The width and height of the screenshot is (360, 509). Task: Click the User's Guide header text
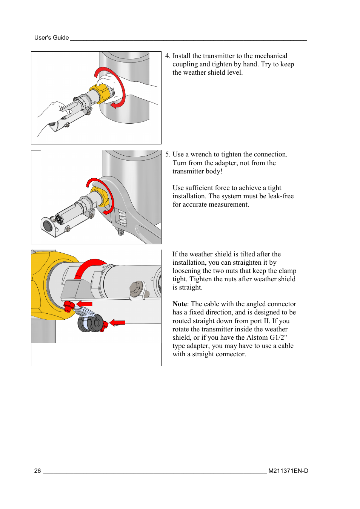tap(51, 38)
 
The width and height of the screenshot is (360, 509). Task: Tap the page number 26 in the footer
tap(37, 471)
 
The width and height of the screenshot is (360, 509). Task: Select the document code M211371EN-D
tap(288, 471)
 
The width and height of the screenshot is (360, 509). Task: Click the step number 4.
tap(167, 56)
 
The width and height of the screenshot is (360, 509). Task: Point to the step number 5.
tap(168, 154)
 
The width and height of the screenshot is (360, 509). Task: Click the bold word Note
tap(180, 304)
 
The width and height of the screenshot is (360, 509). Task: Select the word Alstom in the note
tap(257, 337)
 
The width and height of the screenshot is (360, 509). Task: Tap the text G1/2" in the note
tap(278, 337)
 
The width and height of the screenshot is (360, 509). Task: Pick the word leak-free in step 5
tap(281, 196)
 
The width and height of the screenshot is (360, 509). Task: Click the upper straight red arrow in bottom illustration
tap(85, 304)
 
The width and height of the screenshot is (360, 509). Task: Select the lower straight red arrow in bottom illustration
tap(118, 322)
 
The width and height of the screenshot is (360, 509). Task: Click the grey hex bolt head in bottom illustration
tap(135, 289)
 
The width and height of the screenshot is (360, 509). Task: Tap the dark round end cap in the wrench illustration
tap(48, 226)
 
